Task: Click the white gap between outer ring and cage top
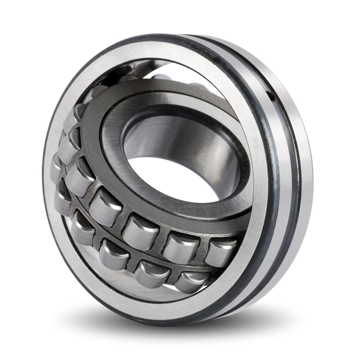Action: coord(160,68)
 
